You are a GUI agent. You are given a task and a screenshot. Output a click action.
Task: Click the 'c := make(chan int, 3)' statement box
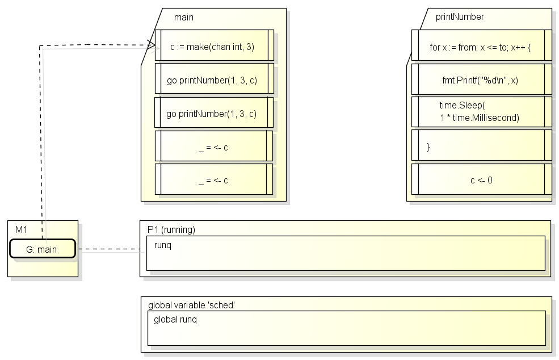pos(215,45)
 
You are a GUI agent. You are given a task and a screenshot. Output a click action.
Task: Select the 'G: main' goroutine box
pos(43,249)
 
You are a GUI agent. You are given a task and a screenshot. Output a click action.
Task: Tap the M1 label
pos(21,229)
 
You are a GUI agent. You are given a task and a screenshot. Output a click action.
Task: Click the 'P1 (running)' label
pos(171,229)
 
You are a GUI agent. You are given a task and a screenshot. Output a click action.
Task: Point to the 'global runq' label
pos(175,319)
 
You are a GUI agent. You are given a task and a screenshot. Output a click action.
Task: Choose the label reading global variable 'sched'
pos(191,305)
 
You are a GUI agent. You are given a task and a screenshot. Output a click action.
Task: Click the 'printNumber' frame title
pos(460,17)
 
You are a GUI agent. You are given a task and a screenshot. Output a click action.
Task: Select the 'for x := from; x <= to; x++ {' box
pos(481,45)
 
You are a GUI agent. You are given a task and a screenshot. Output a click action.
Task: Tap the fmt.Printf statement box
pos(481,79)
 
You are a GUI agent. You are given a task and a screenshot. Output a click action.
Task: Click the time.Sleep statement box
pos(481,112)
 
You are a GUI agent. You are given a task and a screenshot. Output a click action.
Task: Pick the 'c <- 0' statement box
pos(481,179)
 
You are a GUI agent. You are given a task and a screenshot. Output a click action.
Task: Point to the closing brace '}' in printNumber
pos(428,146)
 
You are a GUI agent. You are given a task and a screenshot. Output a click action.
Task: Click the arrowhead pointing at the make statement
pos(152,45)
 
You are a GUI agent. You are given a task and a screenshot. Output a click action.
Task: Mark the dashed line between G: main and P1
pos(108,249)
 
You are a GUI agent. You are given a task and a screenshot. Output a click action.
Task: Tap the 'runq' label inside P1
pos(162,245)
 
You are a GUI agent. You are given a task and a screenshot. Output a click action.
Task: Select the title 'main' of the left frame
pos(184,17)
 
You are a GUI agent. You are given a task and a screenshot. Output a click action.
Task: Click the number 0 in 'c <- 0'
pos(490,180)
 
